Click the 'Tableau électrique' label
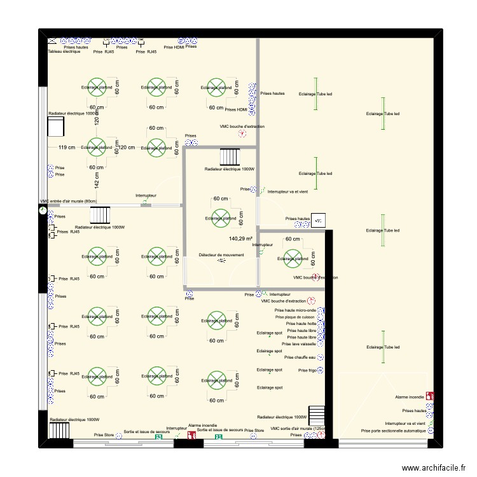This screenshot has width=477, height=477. pyautogui.click(x=64, y=52)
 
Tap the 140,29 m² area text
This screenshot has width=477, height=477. pyautogui.click(x=240, y=239)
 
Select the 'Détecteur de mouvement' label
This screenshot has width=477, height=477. pyautogui.click(x=221, y=255)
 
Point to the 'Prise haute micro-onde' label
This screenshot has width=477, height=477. pyautogui.click(x=296, y=310)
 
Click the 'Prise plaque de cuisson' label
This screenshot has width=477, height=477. pyautogui.click(x=296, y=317)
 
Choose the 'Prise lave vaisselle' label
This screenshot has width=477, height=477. pyautogui.click(x=300, y=344)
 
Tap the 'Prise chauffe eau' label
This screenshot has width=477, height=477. pyautogui.click(x=300, y=357)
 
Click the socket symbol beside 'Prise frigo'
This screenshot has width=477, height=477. pyautogui.click(x=321, y=370)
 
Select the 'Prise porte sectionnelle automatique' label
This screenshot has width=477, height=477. pyautogui.click(x=394, y=431)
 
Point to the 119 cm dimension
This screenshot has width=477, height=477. pyautogui.click(x=67, y=148)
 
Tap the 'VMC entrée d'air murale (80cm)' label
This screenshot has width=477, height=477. pyautogui.click(x=68, y=202)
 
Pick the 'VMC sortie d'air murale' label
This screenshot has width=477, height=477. pyautogui.click(x=298, y=429)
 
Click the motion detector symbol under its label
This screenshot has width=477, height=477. pyautogui.click(x=221, y=261)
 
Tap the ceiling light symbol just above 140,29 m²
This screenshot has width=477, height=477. pyautogui.click(x=220, y=218)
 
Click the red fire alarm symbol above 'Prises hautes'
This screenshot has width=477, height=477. pyautogui.click(x=431, y=396)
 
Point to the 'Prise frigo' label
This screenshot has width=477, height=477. pyautogui.click(x=307, y=370)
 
